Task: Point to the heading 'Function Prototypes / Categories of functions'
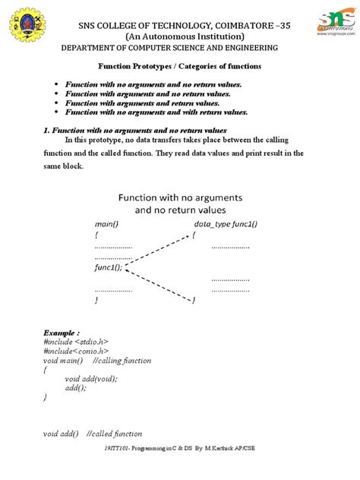coord(180,67)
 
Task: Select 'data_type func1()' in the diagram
coord(226,225)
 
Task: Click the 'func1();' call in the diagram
coord(109,268)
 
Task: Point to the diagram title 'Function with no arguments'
coord(180,196)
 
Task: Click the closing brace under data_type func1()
coord(194,301)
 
